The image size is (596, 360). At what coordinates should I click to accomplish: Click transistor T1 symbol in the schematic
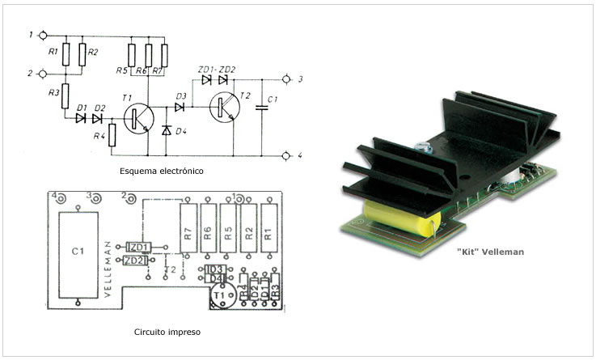pos(138,118)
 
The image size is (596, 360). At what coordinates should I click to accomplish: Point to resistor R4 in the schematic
pos(112,135)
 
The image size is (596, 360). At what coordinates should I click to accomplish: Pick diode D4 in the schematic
pos(167,130)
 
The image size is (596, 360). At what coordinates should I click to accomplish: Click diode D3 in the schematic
pos(180,106)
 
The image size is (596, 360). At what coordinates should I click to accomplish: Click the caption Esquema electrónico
pos(161,172)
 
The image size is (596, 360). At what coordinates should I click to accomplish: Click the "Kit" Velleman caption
pos(491,252)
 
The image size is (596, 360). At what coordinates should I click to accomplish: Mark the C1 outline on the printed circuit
pos(78,252)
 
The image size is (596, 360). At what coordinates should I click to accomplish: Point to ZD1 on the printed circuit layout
pos(138,246)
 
